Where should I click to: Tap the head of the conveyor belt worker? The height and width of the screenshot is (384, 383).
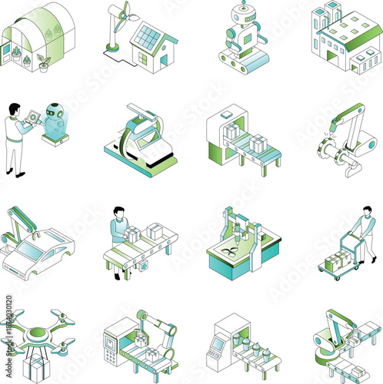pyautogui.click(x=117, y=211)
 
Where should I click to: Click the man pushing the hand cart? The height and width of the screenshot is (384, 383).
pyautogui.click(x=364, y=234)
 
